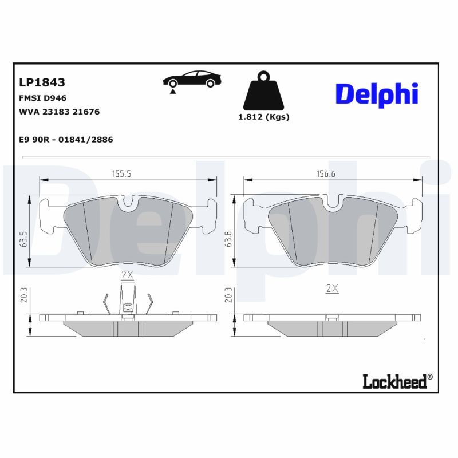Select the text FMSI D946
(43, 98)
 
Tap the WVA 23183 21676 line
(60, 112)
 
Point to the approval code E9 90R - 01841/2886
(66, 139)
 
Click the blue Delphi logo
(376, 94)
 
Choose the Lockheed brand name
(394, 381)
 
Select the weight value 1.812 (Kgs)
(263, 117)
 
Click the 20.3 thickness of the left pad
(23, 295)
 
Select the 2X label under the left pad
(127, 275)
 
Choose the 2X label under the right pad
(332, 289)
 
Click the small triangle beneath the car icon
(172, 91)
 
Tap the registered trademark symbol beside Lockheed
(431, 377)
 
